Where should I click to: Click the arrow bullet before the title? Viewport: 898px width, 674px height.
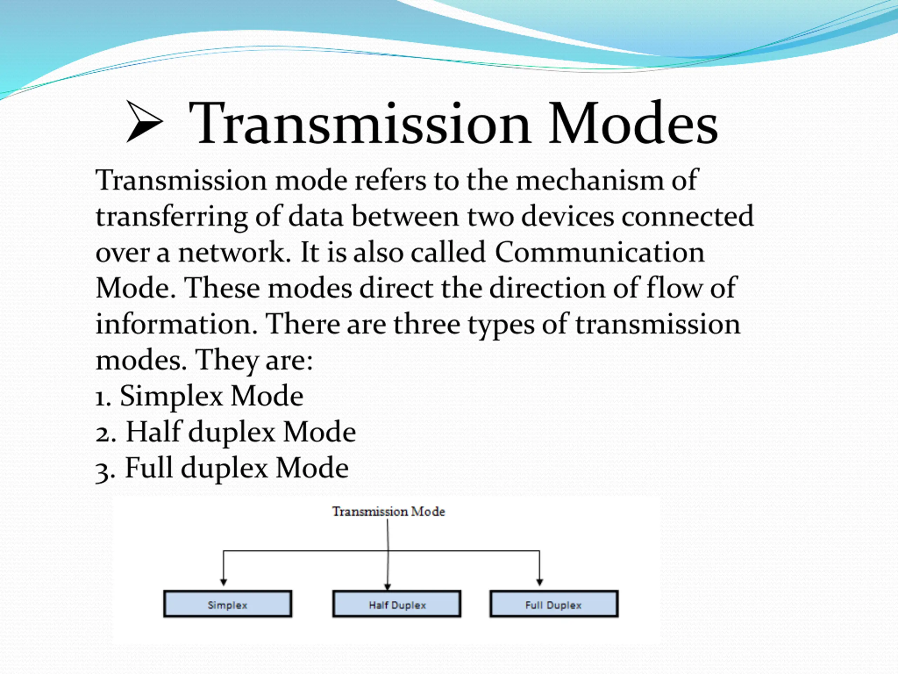144,122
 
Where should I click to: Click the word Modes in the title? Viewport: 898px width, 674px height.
633,123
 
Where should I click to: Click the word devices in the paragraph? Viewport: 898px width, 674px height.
568,216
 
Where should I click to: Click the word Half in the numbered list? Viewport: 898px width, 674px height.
153,432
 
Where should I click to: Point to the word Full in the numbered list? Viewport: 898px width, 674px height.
149,468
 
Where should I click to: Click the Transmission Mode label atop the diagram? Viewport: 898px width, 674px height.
389,511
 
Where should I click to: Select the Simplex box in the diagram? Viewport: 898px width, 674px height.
228,604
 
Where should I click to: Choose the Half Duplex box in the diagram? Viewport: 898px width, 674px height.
397,604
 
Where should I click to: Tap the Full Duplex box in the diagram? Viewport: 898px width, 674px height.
554,604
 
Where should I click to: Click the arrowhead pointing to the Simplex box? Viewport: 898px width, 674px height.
223,582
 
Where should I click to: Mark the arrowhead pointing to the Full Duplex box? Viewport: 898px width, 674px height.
540,582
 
